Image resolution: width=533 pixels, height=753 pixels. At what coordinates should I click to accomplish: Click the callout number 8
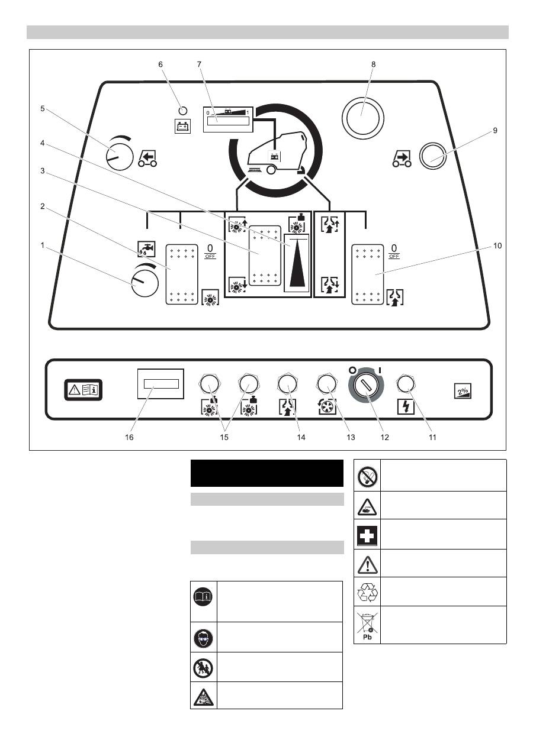[x=373, y=64]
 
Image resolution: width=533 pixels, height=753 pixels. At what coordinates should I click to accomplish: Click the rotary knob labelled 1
[x=144, y=282]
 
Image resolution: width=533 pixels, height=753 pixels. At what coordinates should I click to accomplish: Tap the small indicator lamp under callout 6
[x=182, y=111]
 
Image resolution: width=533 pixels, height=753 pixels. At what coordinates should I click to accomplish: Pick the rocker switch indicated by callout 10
[x=368, y=275]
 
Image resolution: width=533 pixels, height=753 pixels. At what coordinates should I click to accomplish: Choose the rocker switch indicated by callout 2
[x=181, y=275]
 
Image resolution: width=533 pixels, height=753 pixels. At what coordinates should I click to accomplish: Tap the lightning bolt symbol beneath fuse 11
[x=405, y=407]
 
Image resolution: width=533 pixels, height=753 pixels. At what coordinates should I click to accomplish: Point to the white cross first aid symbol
[x=367, y=535]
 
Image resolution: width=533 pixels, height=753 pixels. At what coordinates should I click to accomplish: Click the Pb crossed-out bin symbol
[x=367, y=625]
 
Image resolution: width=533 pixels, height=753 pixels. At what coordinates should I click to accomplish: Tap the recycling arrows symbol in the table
[x=367, y=592]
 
